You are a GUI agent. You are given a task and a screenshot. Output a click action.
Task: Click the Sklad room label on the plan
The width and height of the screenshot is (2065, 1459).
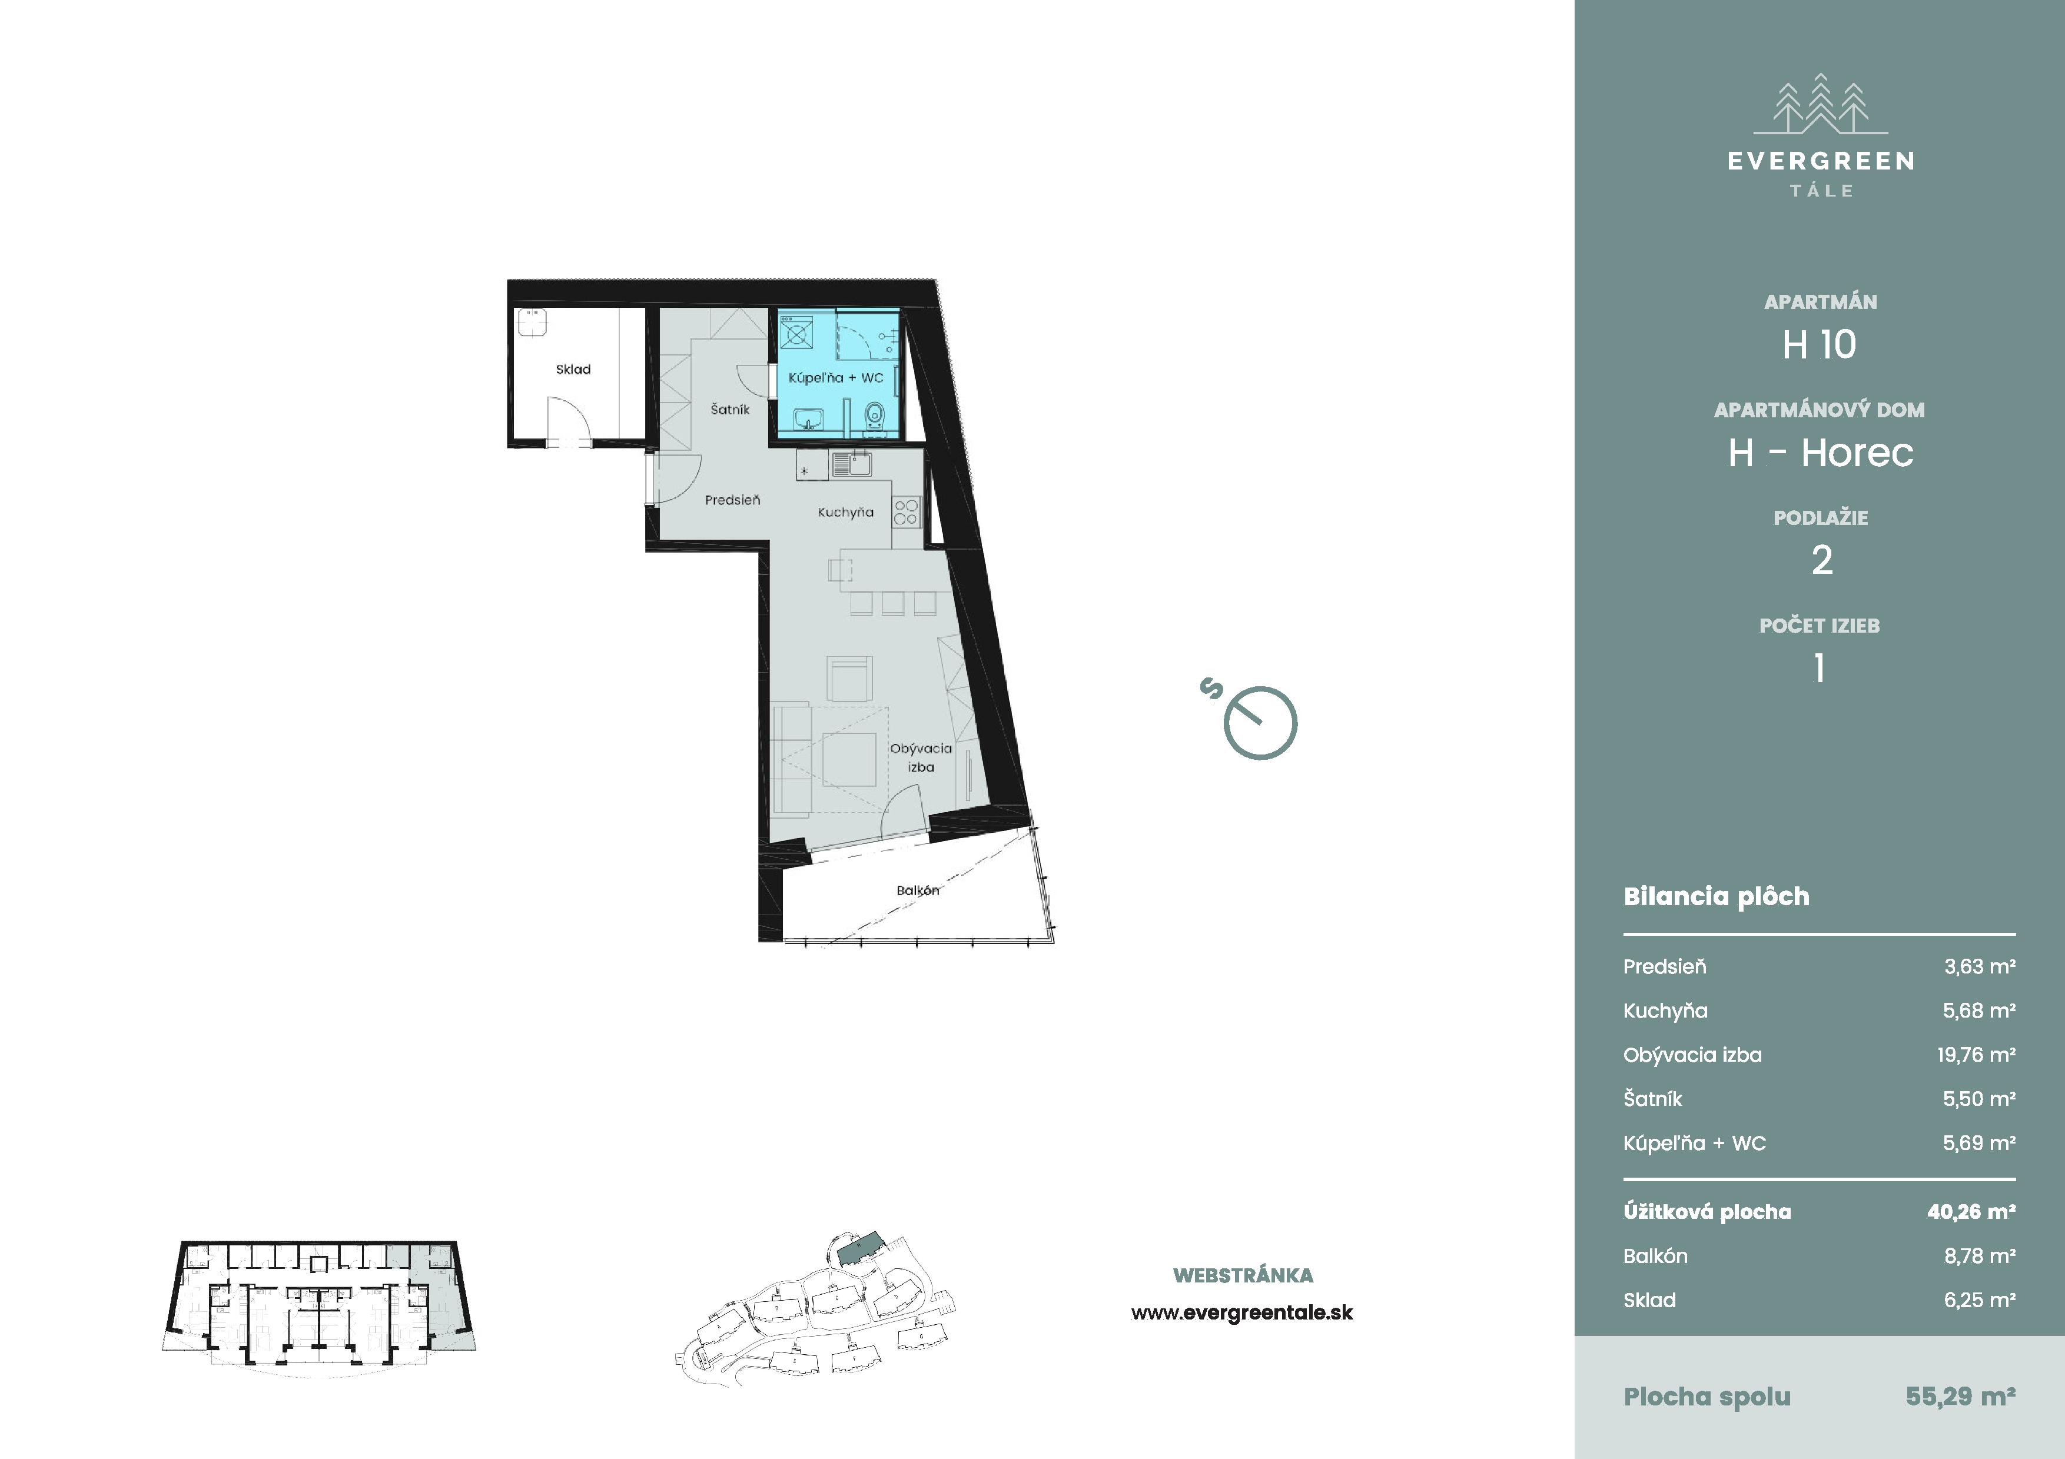tap(573, 370)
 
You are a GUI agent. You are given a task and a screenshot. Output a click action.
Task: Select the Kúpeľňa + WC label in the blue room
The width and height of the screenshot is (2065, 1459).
tap(835, 378)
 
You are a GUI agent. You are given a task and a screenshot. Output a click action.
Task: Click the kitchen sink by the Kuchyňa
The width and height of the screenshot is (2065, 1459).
tap(851, 464)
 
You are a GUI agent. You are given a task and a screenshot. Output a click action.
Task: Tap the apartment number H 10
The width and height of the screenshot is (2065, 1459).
tap(1820, 344)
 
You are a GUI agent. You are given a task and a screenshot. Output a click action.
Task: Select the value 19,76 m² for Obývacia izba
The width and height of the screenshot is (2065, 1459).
tap(1976, 1055)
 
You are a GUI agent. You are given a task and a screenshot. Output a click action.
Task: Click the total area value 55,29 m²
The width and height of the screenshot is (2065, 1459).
tap(1960, 1396)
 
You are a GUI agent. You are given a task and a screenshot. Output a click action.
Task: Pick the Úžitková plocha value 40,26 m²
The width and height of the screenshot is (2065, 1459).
tap(1971, 1212)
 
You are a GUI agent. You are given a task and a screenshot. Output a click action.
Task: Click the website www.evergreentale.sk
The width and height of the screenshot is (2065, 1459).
tap(1242, 1312)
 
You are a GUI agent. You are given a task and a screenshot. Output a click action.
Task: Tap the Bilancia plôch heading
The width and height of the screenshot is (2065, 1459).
tap(1716, 896)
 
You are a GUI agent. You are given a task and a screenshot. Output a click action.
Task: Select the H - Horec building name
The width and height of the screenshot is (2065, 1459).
tap(1820, 452)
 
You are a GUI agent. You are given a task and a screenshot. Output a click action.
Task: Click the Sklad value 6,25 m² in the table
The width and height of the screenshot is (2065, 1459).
tap(1980, 1300)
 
